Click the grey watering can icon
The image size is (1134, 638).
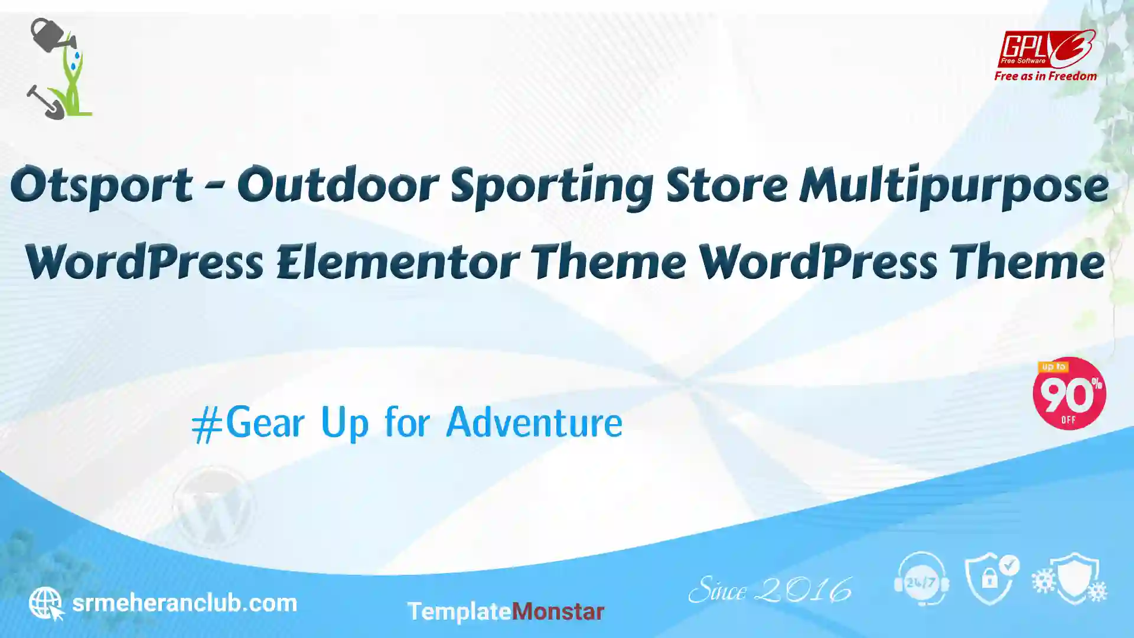(52, 35)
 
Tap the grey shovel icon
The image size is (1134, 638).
(45, 102)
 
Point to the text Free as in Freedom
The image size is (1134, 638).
(1045, 76)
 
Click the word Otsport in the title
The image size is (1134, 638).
(102, 185)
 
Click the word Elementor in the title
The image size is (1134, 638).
(397, 262)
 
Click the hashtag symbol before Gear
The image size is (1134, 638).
(207, 425)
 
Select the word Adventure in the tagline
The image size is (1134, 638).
(535, 423)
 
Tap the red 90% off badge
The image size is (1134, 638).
(1069, 393)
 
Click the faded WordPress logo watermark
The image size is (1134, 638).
(214, 507)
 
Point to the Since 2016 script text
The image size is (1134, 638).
(770, 590)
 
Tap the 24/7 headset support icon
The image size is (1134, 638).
(921, 580)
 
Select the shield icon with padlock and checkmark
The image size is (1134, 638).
(992, 579)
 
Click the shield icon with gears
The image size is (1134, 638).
(1070, 579)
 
